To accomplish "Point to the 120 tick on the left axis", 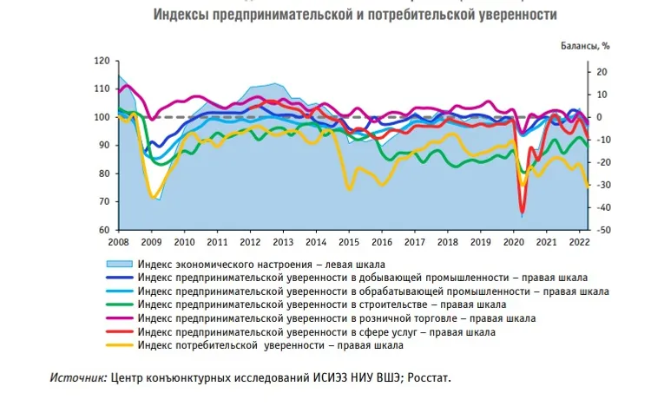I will point(102,61).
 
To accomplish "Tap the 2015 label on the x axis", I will point(348,241).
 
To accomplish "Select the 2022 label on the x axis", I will point(579,241).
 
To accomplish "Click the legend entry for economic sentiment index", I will point(260,264).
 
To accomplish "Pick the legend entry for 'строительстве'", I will point(321,305).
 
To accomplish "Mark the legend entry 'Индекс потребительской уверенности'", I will point(270,346).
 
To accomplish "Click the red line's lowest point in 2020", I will point(523,213).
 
